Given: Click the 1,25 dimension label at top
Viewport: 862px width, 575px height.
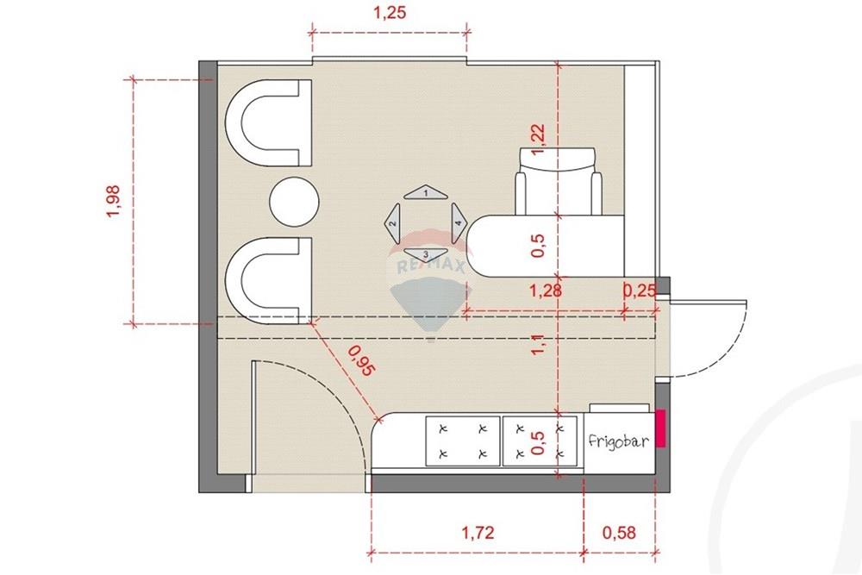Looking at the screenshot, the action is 390,13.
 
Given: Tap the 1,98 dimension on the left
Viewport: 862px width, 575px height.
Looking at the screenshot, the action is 112,201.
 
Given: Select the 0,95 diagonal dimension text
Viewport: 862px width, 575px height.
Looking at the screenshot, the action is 361,361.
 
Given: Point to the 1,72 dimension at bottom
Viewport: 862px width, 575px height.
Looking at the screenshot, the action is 478,532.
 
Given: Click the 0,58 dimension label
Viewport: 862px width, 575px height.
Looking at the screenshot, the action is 619,532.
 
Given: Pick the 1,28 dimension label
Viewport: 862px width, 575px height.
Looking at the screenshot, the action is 546,291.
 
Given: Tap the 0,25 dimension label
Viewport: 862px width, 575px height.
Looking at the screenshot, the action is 640,291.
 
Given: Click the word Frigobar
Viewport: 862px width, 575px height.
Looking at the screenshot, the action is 618,441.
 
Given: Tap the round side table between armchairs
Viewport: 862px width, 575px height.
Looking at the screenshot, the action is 294,202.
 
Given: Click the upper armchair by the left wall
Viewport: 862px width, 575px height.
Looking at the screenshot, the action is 269,123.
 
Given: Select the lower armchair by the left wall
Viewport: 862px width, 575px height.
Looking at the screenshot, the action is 269,280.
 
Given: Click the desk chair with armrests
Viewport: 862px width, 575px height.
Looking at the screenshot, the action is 558,181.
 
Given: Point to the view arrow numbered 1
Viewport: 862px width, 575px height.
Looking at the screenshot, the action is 426,192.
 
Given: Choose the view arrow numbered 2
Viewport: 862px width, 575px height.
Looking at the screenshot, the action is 393,224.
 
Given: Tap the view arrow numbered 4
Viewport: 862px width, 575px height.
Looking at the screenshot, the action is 459,224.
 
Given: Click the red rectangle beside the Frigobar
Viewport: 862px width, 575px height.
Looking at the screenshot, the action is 660,428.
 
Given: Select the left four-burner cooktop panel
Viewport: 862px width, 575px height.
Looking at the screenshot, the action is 463,441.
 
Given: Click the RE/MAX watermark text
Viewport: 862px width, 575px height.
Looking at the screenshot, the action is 431,266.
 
